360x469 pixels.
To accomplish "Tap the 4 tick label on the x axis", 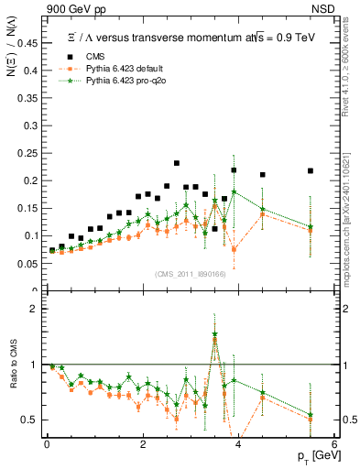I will [238, 444].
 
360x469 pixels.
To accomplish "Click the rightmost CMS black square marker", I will [311, 170].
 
